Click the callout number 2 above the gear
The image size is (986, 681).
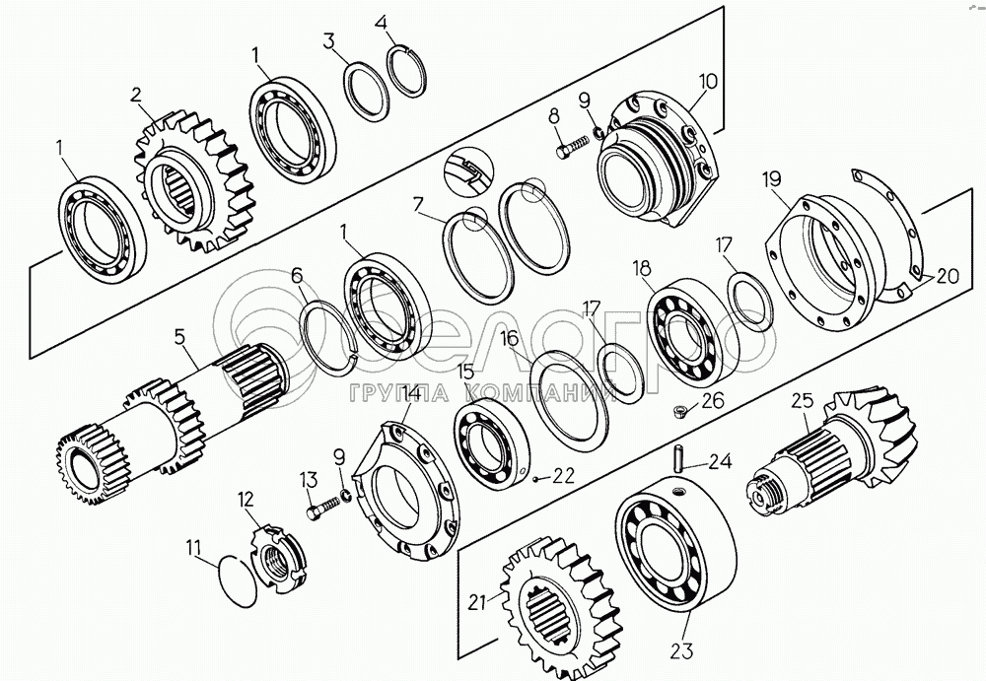[136, 95]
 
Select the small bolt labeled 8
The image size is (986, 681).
[572, 148]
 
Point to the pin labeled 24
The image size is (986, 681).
[679, 457]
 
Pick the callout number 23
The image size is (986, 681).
[681, 650]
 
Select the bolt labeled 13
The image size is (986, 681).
[322, 508]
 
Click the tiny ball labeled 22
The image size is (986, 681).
[533, 479]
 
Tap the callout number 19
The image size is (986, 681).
[772, 179]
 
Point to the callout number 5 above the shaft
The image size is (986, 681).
[179, 337]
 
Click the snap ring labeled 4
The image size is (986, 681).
[407, 72]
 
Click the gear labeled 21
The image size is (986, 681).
[562, 606]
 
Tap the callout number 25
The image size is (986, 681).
[803, 400]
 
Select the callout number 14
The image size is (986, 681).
[411, 393]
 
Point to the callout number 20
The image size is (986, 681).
[947, 275]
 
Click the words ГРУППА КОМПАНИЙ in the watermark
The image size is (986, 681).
[483, 393]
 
